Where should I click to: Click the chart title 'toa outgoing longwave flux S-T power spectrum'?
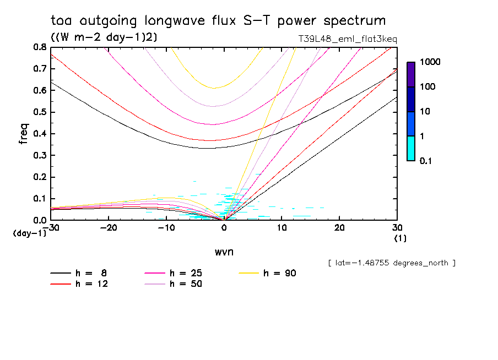pyautogui.click(x=218, y=21)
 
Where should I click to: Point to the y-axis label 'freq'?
pyautogui.click(x=24, y=134)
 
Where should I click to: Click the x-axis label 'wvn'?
pyautogui.click(x=224, y=252)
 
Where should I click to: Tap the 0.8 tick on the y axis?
pyautogui.click(x=40, y=47)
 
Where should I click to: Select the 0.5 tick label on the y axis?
pyautogui.click(x=40, y=112)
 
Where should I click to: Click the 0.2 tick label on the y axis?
pyautogui.click(x=40, y=177)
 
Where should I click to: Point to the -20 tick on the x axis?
pyautogui.click(x=109, y=228)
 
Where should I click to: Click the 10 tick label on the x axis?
pyautogui.click(x=282, y=228)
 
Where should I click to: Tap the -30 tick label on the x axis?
pyautogui.click(x=51, y=228)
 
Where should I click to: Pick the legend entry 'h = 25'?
pyautogui.click(x=173, y=273)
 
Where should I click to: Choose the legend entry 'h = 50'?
pyautogui.click(x=173, y=284)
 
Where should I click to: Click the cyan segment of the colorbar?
pyautogui.click(x=411, y=149)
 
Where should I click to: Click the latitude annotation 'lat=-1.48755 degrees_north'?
pyautogui.click(x=391, y=263)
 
